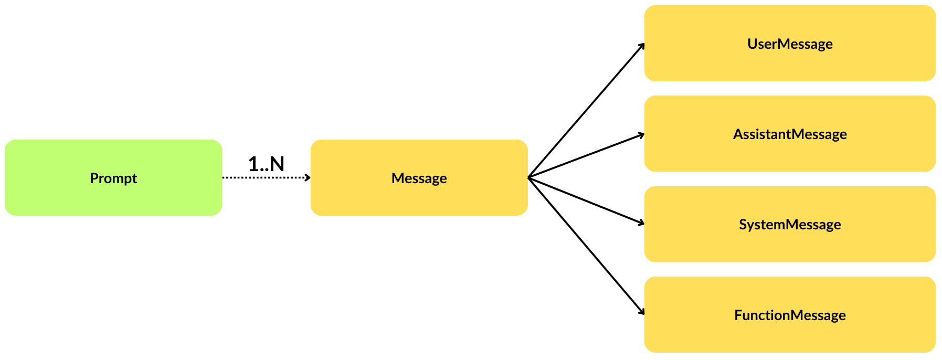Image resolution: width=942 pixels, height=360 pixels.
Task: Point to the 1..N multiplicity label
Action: [266, 164]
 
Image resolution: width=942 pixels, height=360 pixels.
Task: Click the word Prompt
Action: [113, 178]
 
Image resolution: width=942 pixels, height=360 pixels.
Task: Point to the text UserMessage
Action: [790, 44]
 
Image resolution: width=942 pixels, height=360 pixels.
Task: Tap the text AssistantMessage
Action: [790, 134]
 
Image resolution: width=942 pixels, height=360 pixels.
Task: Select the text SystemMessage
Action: [790, 225]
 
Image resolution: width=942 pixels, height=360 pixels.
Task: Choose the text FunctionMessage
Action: [790, 315]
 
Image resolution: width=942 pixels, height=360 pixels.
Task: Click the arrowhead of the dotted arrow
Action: [308, 178]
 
